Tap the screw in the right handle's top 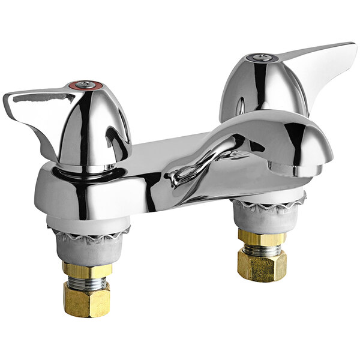tap(260, 58)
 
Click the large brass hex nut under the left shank tap(86, 299)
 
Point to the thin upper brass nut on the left tap(86, 270)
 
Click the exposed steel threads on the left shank tap(86, 282)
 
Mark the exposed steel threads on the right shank tap(262, 247)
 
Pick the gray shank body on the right tap(262, 218)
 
